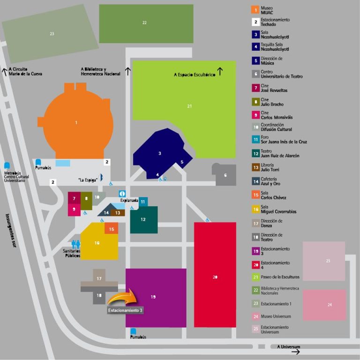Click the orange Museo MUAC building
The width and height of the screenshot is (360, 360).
coord(76,123)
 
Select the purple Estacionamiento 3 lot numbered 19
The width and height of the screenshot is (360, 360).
coord(155,298)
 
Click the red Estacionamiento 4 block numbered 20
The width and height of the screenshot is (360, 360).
coord(215,277)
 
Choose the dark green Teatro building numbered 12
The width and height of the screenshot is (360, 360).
coord(143,219)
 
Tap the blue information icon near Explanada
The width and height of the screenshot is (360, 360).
coord(122,194)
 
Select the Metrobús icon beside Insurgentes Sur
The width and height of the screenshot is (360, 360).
coord(7,166)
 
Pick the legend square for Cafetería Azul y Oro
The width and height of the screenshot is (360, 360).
coord(255,181)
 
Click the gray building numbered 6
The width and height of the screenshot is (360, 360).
coord(225,175)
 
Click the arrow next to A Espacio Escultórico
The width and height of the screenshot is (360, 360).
coord(220,71)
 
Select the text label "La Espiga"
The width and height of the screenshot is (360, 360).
coord(87,180)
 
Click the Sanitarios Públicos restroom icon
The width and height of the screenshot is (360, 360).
coord(76,244)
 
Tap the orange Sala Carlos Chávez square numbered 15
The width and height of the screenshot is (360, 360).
coord(111,229)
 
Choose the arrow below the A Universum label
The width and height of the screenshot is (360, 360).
coord(295,352)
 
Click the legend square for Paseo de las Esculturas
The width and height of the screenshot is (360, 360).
coord(255,277)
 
